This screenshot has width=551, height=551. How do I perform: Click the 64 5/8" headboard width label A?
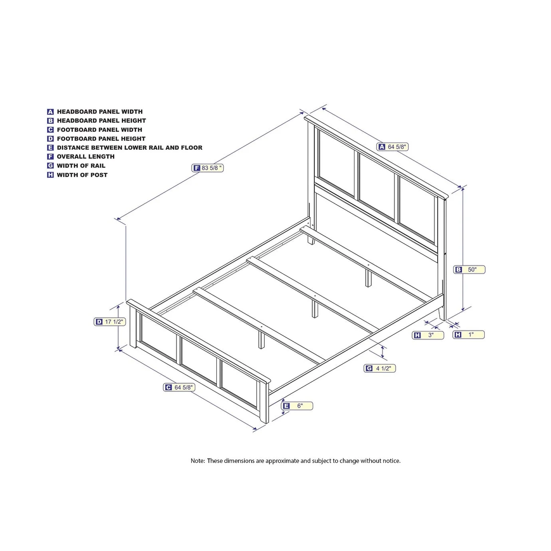coord(392,147)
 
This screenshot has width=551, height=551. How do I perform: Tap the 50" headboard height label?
coord(469,270)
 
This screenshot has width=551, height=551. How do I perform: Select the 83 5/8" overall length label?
coord(207,168)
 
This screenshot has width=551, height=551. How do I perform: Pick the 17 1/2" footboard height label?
coord(110,322)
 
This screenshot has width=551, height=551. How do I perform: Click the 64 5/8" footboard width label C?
coord(179,387)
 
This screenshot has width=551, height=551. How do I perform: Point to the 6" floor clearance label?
coord(297,406)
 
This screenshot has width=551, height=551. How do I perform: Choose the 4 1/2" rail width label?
coord(379,368)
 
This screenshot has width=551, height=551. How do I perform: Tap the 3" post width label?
coord(428,335)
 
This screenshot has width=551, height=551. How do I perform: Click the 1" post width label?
coord(468,335)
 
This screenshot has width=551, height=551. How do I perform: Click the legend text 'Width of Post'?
coord(82,175)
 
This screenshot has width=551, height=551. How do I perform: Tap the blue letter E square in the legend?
coord(50,148)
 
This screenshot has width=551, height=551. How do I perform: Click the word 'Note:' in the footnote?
coord(198,461)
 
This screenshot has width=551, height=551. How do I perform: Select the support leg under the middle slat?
coord(315,309)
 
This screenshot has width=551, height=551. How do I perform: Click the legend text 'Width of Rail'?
coord(81,166)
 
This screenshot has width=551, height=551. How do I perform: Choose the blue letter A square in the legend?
coord(50,111)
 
